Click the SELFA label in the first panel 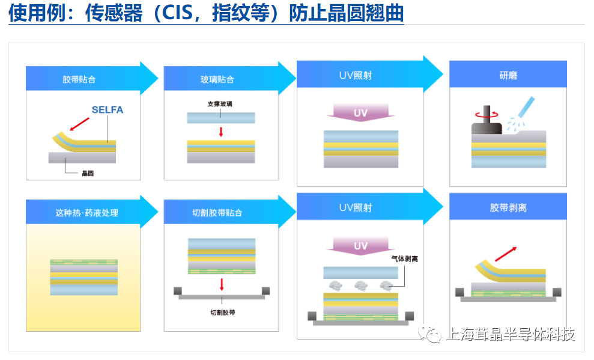[107, 110]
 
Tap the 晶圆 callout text [88, 173]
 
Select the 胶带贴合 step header [79, 79]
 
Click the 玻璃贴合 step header [217, 79]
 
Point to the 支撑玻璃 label [220, 104]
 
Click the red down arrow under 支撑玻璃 [221, 132]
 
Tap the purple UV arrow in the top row [360, 112]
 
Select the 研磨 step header [508, 75]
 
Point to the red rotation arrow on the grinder [487, 114]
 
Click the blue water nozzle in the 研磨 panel [526, 107]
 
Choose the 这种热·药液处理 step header [86, 213]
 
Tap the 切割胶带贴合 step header [217, 213]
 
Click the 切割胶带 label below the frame [223, 313]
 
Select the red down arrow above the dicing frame [222, 285]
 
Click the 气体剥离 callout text [405, 259]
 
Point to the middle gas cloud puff [360, 285]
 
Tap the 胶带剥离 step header [508, 208]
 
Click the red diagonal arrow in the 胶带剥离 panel [506, 254]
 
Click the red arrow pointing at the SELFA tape [79, 124]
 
